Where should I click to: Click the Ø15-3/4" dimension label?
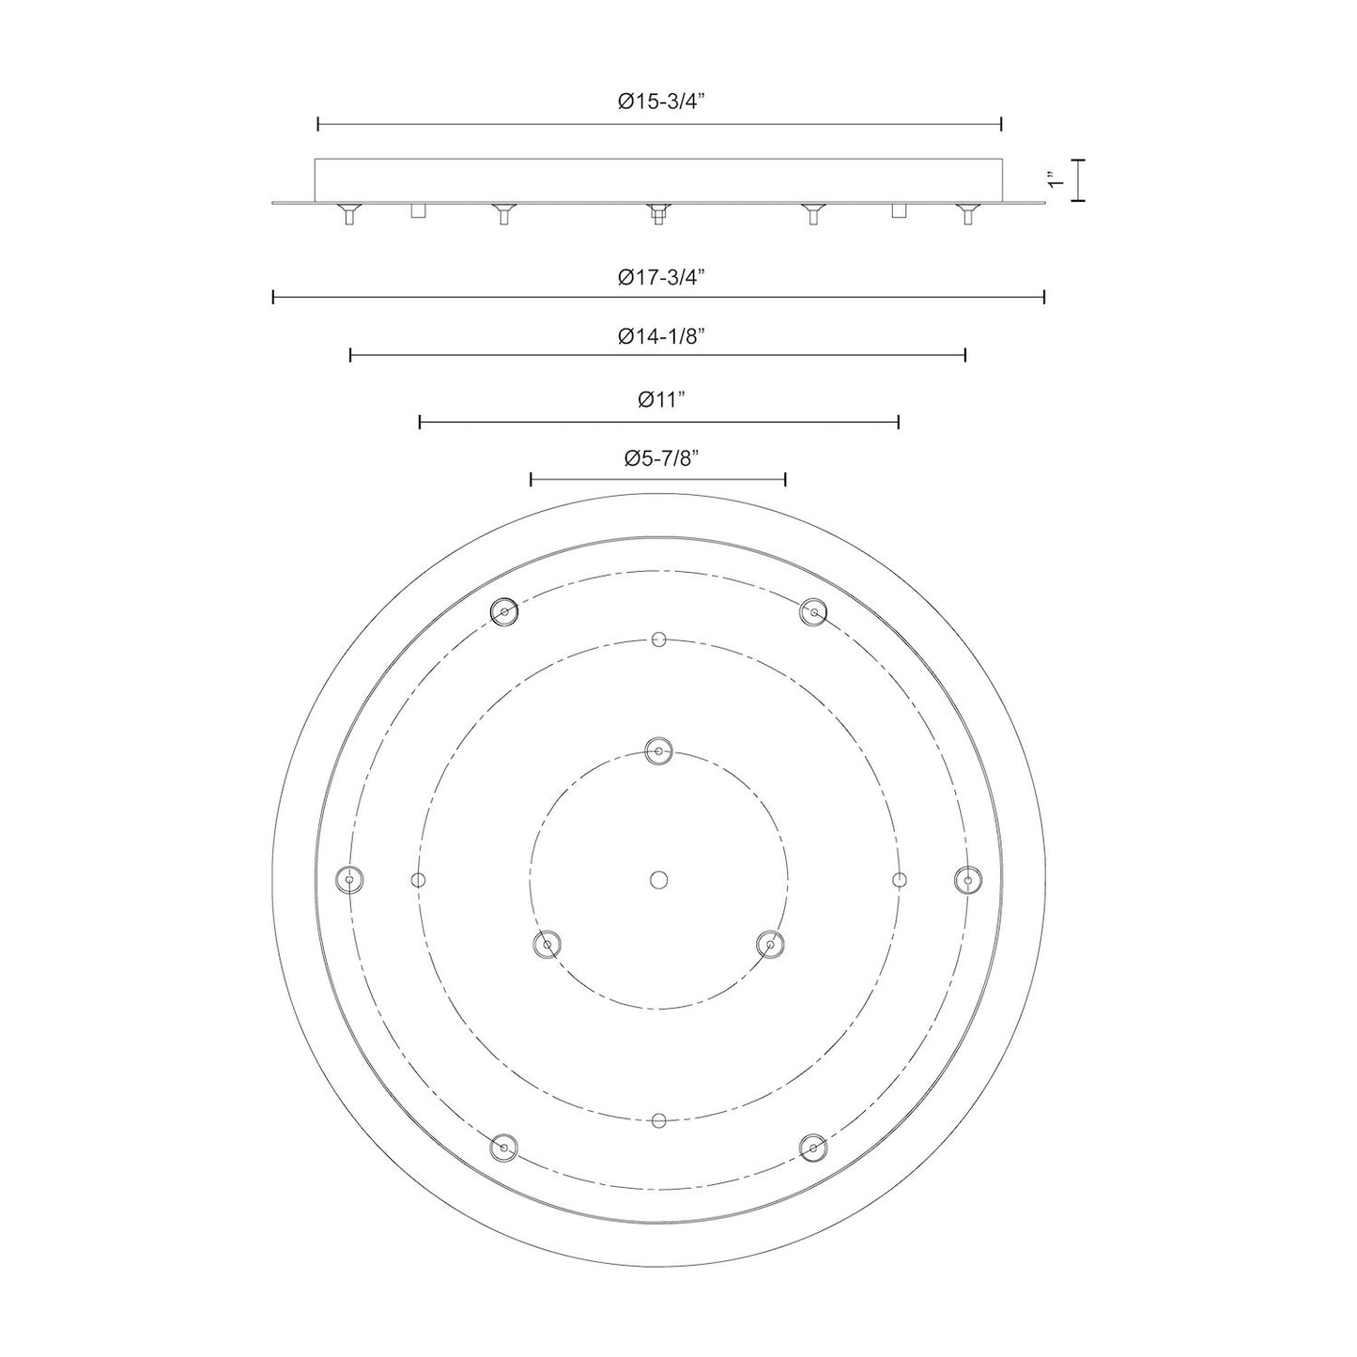coord(661,102)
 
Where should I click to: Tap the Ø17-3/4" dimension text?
coord(661,277)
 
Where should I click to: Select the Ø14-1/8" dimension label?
coord(661,336)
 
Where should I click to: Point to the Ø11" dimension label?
coord(661,400)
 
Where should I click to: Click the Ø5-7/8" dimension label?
coord(661,459)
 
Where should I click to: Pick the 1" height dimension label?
coord(1055,179)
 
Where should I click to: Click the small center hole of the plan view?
coord(658,880)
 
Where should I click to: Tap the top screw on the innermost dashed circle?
coord(658,750)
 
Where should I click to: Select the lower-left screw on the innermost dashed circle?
coord(547,945)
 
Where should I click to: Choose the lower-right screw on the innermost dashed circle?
coord(770,945)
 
